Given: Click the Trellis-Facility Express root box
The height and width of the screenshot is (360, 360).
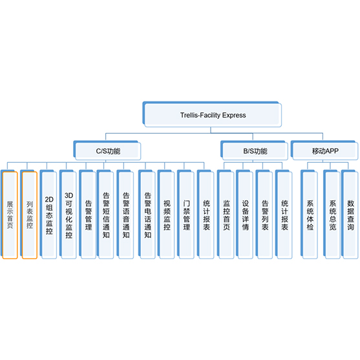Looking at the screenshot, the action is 212,114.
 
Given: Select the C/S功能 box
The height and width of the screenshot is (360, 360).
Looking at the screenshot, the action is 107,151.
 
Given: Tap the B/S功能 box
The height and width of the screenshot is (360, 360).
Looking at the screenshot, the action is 254,151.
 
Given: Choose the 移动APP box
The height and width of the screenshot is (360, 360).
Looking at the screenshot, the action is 324,151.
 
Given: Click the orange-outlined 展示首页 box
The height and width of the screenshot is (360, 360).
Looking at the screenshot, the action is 9,215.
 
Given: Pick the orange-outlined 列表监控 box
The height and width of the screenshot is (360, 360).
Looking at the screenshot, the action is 29,215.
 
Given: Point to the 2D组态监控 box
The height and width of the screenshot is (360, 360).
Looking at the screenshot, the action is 48,215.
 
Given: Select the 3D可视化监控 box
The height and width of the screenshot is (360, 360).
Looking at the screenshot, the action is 68,215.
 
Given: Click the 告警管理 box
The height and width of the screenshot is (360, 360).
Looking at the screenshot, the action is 88,215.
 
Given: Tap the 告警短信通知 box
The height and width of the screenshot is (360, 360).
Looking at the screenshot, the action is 105,215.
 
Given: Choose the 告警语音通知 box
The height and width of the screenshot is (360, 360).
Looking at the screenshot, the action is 125,215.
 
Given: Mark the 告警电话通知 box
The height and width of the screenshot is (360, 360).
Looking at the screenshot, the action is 147,215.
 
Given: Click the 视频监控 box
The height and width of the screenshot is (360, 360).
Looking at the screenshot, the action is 166,215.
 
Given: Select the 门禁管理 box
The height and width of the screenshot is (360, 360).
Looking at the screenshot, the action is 185,215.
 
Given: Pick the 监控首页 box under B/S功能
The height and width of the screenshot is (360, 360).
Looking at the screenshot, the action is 226,215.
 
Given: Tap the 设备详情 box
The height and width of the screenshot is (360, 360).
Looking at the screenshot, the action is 245,215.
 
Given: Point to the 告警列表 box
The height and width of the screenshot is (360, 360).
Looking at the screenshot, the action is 264,215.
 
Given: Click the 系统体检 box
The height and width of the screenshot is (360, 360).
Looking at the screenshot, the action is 309,215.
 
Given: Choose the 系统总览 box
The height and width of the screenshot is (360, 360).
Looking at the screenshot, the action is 332,215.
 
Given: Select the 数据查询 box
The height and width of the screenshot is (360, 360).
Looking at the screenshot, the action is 350,215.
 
